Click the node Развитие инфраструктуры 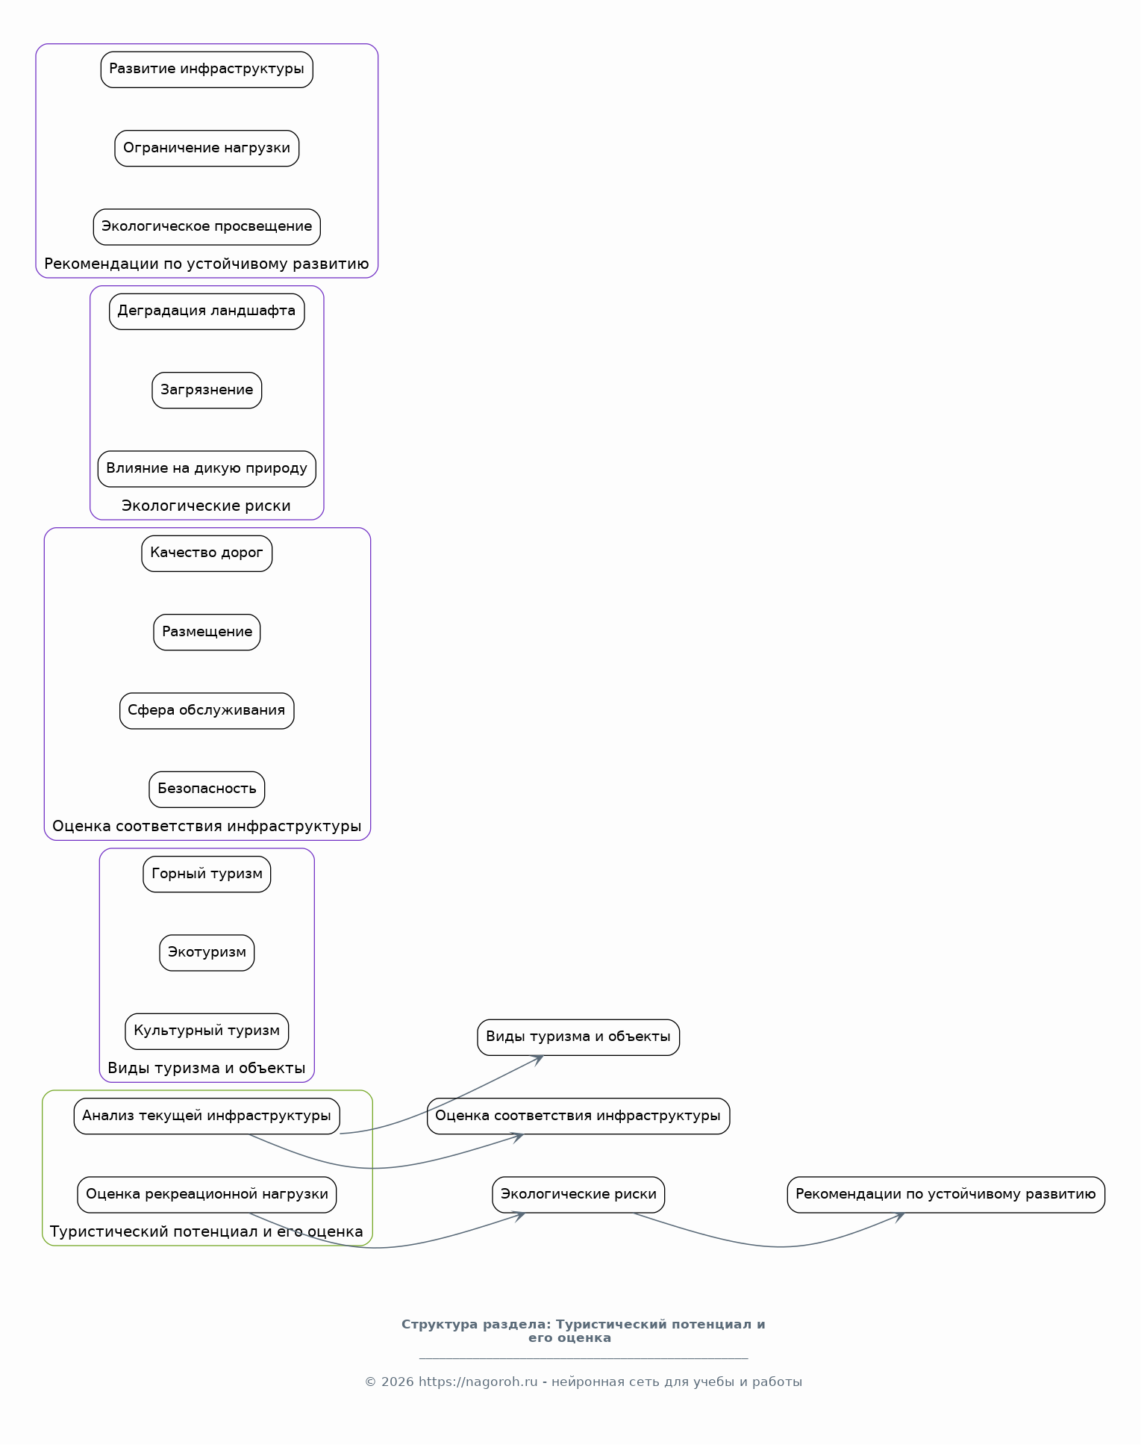tap(207, 69)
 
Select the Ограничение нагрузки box tap(207, 149)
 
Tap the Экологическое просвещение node tap(207, 227)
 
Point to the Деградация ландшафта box tap(207, 311)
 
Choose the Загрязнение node tap(207, 391)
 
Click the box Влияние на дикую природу tap(207, 469)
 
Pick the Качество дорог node tap(207, 553)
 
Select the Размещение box tap(207, 633)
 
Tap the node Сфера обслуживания tap(207, 711)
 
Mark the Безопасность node tap(207, 789)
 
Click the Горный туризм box tap(207, 874)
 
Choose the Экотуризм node tap(207, 953)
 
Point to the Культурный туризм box tap(207, 1031)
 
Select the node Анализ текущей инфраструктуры tap(207, 1116)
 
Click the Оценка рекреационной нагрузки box tap(207, 1195)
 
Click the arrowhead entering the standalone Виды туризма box tap(536, 1059)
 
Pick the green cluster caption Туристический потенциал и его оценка tap(207, 1232)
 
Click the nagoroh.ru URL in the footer tap(478, 1382)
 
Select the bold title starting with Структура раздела tap(583, 1331)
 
